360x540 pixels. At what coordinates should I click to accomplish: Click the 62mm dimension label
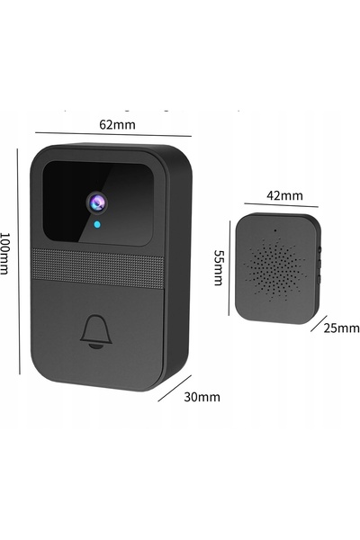click(x=118, y=125)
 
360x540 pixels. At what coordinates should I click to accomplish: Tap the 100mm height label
click(x=4, y=254)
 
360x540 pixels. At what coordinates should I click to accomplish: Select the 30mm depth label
click(x=202, y=397)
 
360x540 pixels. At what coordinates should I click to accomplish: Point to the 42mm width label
click(x=284, y=195)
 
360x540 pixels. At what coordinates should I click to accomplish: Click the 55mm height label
click(x=219, y=267)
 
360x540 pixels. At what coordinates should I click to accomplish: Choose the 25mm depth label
click(x=341, y=328)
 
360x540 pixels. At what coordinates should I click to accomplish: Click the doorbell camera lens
click(x=96, y=202)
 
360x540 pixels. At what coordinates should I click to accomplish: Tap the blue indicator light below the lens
click(x=97, y=225)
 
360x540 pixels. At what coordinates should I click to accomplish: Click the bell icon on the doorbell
click(x=96, y=331)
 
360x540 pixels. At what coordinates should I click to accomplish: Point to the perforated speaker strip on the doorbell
click(x=97, y=267)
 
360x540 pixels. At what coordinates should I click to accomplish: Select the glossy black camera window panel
click(x=98, y=203)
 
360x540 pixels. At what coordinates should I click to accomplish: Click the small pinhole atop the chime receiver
click(x=274, y=230)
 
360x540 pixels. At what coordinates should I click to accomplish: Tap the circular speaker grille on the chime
click(x=274, y=268)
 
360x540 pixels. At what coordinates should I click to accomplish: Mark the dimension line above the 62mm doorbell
click(x=113, y=134)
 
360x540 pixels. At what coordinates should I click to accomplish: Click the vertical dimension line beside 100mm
click(x=19, y=261)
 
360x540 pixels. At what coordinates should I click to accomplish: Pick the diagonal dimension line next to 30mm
click(x=175, y=388)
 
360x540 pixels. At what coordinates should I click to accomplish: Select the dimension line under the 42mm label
click(x=281, y=205)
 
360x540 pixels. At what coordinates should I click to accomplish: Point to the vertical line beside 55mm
click(x=229, y=268)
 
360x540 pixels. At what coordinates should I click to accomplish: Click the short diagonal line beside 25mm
click(x=319, y=323)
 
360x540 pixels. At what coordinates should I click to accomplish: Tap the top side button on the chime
click(x=320, y=248)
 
